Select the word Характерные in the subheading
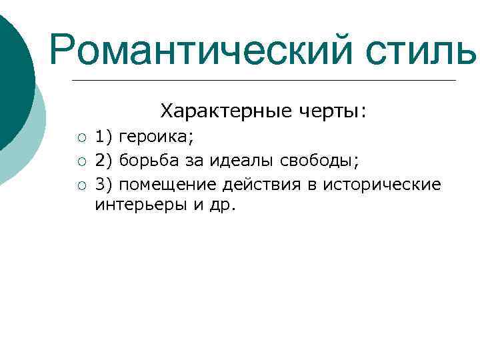point(213,110)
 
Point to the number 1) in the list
point(104,138)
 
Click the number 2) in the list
point(104,161)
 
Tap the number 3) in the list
point(104,183)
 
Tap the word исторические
point(382,183)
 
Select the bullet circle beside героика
point(81,139)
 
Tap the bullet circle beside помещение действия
point(81,184)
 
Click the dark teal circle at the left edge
point(13,73)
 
